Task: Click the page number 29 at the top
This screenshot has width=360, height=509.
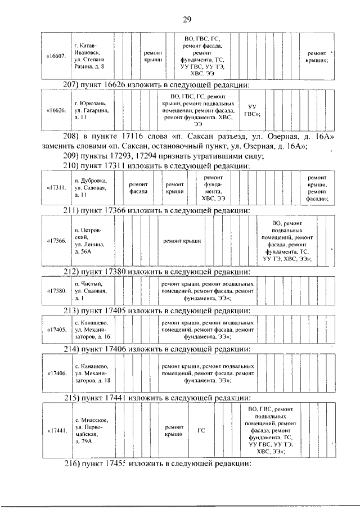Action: click(x=187, y=20)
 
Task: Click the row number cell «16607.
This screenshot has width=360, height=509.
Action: click(x=56, y=56)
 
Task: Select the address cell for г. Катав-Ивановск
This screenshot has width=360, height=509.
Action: click(x=89, y=56)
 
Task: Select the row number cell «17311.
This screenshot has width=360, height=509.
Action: click(x=56, y=187)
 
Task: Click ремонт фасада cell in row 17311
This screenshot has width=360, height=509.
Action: click(x=138, y=187)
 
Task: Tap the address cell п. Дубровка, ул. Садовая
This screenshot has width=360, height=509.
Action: click(x=89, y=187)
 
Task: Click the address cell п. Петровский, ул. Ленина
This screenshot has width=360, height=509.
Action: click(x=89, y=241)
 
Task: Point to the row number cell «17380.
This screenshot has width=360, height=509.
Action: click(x=56, y=291)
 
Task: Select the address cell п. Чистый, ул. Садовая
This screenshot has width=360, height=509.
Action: click(x=89, y=291)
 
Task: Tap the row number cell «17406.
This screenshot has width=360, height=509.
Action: click(x=56, y=373)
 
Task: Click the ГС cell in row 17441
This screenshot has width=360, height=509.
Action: click(x=201, y=431)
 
